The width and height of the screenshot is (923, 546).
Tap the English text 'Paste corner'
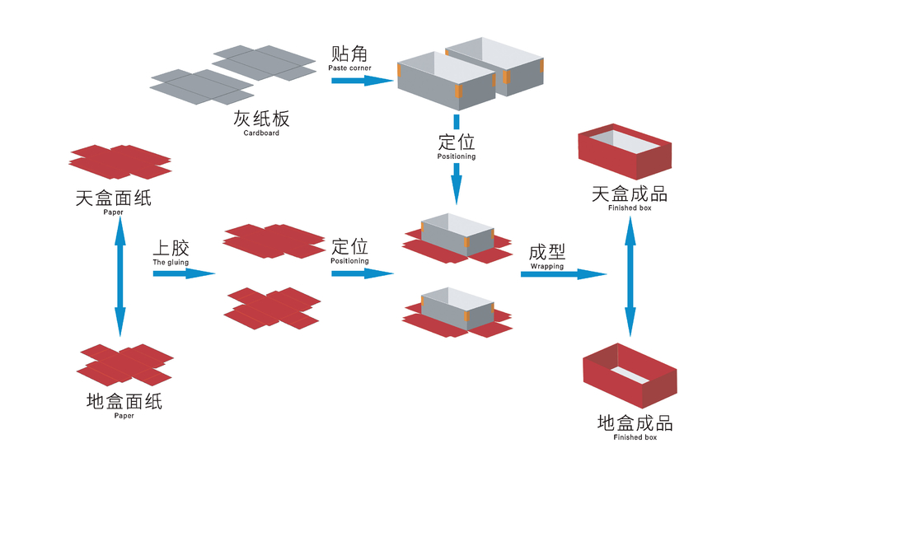(x=349, y=68)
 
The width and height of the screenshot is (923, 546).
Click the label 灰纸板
(x=261, y=119)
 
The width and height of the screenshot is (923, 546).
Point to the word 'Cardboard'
(x=261, y=133)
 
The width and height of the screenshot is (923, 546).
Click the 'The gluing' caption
(x=171, y=262)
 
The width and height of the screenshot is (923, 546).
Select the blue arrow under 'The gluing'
(x=183, y=273)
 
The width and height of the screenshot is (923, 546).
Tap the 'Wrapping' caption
(x=547, y=266)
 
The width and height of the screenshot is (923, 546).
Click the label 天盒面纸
(x=113, y=198)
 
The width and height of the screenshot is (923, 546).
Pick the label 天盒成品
(x=630, y=194)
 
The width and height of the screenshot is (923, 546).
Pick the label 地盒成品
(x=635, y=423)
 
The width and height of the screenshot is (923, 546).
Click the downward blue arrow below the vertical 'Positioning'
(x=456, y=183)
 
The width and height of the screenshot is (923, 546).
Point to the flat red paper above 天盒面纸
(x=120, y=161)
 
